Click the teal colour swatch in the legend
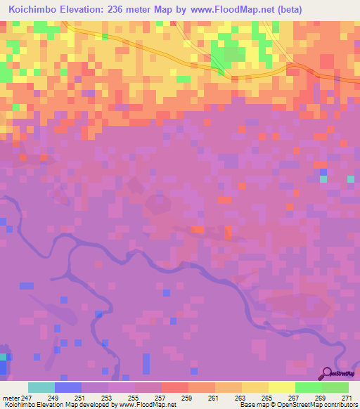[x=41, y=387]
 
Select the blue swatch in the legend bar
[x=67, y=387]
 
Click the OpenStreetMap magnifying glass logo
[x=327, y=374]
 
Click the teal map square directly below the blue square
[x=323, y=179]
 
